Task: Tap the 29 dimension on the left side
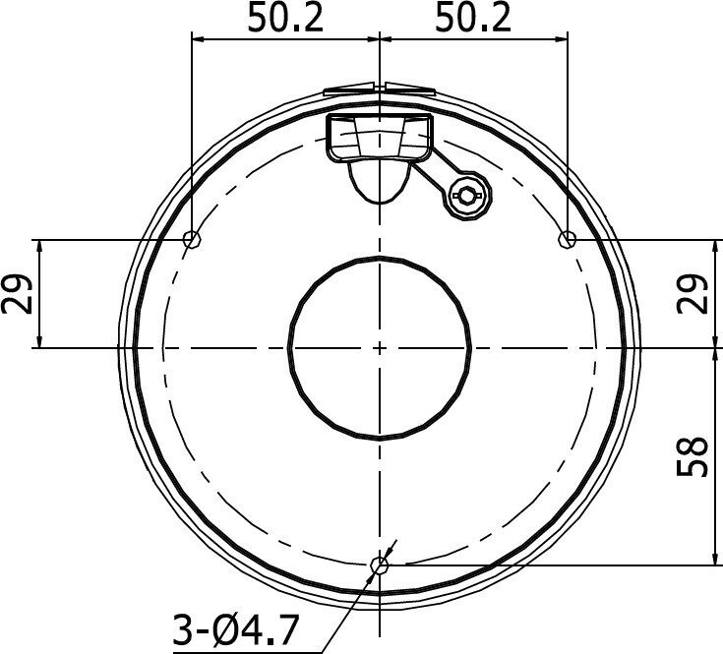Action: [x=18, y=294]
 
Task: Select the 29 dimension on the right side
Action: [x=692, y=294]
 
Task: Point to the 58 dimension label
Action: [x=692, y=456]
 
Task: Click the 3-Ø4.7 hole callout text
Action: [x=233, y=630]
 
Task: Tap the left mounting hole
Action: [x=192, y=239]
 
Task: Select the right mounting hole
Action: [x=568, y=239]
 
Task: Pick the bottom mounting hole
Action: [x=380, y=565]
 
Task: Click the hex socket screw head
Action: [x=467, y=196]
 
